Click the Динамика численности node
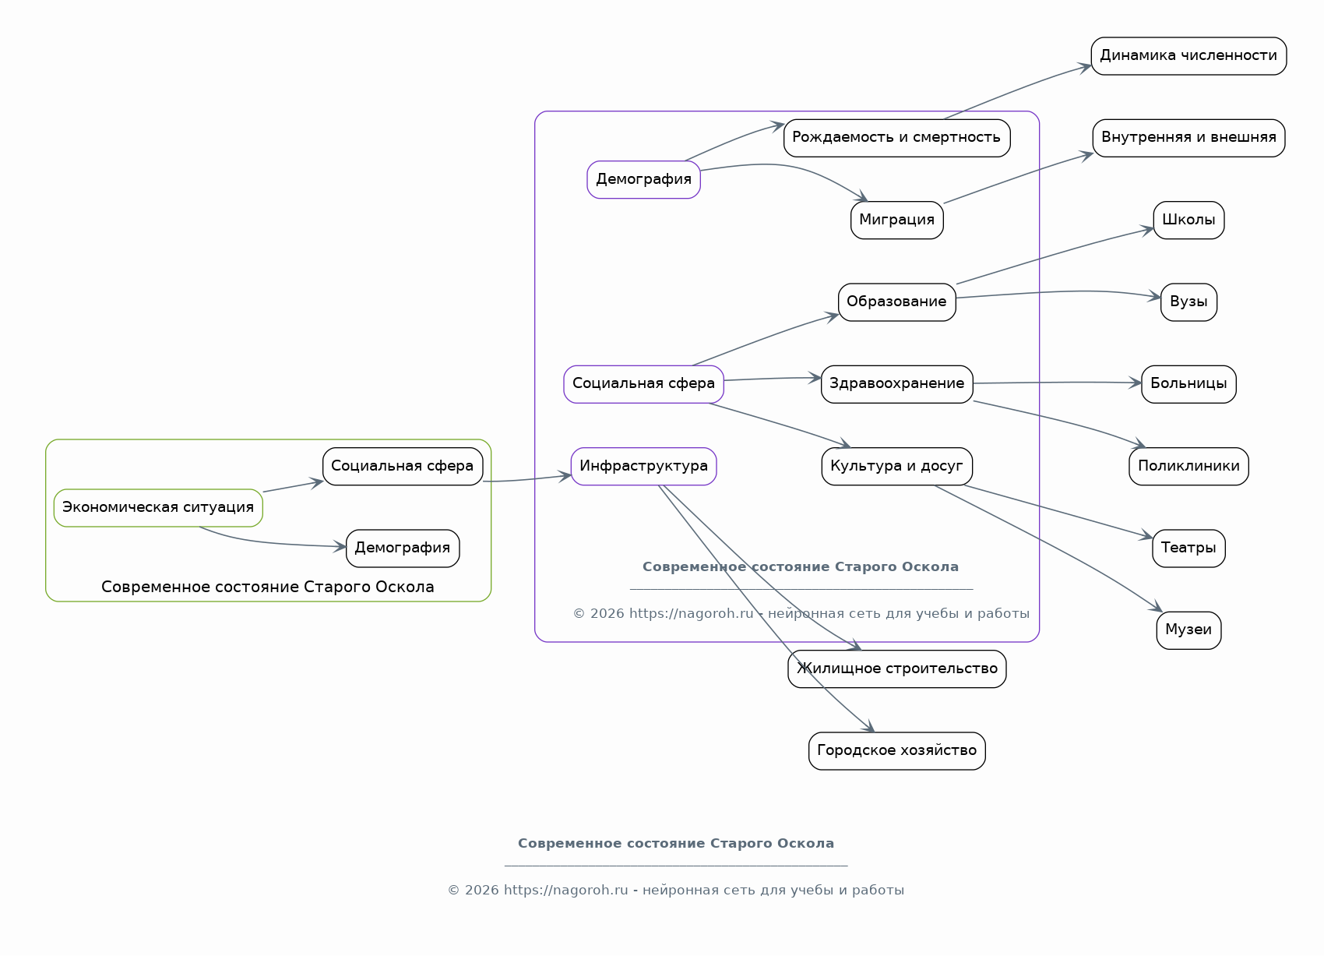[x=1188, y=56]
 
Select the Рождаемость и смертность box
[x=896, y=138]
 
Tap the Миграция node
[x=896, y=220]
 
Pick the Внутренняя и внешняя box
[x=1188, y=138]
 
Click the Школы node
[x=1188, y=220]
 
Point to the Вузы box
[x=1188, y=302]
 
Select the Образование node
[x=896, y=302]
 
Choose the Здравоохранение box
[x=896, y=384]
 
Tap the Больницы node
[x=1188, y=384]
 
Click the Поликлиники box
[x=1188, y=467]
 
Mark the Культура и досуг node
[x=896, y=467]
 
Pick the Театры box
[x=1188, y=548]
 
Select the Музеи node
[x=1188, y=630]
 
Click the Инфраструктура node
[x=643, y=467]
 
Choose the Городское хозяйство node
[x=896, y=751]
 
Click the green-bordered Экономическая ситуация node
[x=158, y=508]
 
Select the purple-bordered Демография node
[x=643, y=180]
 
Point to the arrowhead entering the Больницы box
[x=1135, y=383]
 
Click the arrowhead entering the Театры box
[x=1146, y=535]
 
